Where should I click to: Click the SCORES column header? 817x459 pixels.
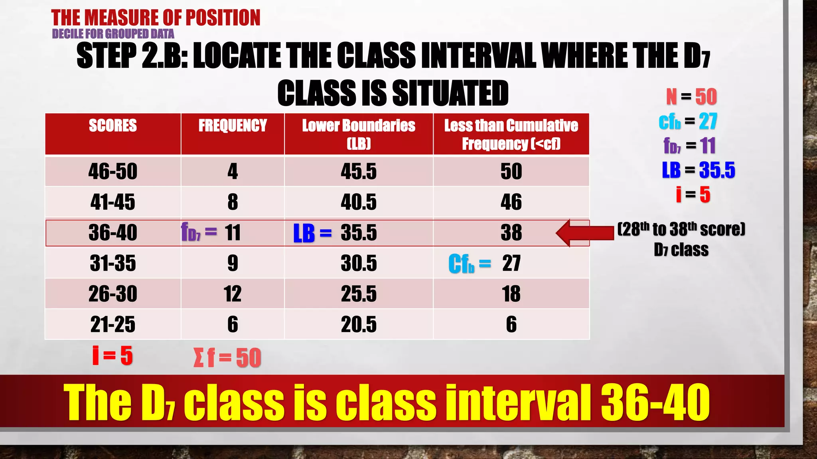click(x=112, y=126)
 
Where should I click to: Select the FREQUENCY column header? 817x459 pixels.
click(x=233, y=126)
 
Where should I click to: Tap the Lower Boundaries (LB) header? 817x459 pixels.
click(x=358, y=134)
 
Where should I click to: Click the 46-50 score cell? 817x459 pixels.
click(x=112, y=171)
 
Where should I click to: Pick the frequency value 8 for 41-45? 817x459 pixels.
click(x=233, y=202)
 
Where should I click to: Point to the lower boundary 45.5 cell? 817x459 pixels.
click(x=358, y=171)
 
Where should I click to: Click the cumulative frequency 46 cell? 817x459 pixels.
click(x=511, y=202)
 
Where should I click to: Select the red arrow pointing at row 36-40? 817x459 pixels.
click(x=584, y=233)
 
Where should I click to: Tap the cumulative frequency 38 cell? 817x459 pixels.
click(x=511, y=232)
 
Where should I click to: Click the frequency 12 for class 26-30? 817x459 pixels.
click(x=233, y=294)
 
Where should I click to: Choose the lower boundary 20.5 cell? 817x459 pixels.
click(x=358, y=324)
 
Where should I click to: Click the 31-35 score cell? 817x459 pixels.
click(x=112, y=263)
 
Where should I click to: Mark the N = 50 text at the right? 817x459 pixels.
click(x=691, y=97)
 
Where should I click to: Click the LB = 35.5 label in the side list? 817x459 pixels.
click(x=698, y=170)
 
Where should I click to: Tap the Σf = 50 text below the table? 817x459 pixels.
click(x=227, y=357)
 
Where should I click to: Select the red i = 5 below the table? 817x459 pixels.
click(x=112, y=355)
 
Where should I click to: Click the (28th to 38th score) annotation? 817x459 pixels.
click(x=681, y=229)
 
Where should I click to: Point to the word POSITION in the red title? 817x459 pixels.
click(x=223, y=18)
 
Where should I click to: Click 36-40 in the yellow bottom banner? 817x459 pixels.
click(x=655, y=402)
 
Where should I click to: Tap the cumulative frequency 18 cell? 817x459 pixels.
click(x=511, y=294)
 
